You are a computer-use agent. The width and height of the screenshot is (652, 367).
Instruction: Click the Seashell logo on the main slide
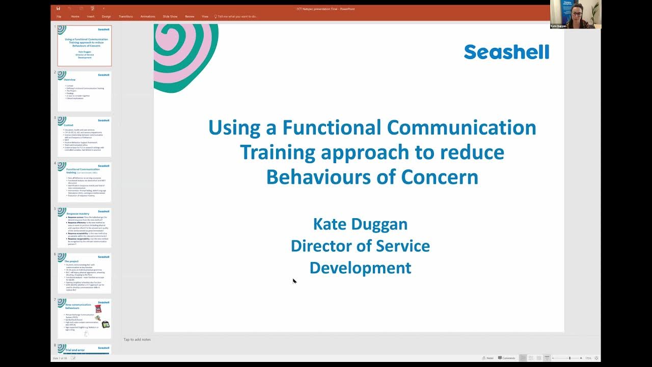click(506, 52)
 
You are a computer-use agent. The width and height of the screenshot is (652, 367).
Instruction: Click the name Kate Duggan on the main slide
click(360, 224)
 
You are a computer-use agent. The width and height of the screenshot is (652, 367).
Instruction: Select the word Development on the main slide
click(360, 268)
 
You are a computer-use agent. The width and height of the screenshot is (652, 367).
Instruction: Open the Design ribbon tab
click(106, 16)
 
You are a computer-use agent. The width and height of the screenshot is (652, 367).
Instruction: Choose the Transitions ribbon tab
click(126, 16)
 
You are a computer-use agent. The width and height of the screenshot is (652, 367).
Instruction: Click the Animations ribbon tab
click(148, 16)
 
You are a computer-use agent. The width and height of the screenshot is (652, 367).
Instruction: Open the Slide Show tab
click(170, 16)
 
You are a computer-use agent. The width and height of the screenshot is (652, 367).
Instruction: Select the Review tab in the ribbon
click(189, 16)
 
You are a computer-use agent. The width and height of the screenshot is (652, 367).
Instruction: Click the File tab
click(59, 16)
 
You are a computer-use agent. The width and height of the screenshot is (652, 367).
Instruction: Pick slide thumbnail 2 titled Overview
click(85, 91)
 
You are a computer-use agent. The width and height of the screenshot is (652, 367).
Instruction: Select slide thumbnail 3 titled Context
click(85, 137)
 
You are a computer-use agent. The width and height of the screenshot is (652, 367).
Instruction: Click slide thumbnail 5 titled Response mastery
click(85, 227)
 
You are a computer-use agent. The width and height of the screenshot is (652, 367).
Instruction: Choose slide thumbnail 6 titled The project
click(85, 273)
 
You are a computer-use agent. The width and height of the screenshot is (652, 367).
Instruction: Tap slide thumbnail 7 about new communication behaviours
click(85, 319)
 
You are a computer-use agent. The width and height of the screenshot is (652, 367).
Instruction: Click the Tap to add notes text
click(137, 339)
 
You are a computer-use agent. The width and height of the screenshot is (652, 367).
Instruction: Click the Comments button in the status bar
click(506, 358)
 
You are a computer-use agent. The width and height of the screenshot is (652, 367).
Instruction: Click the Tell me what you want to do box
click(237, 16)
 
